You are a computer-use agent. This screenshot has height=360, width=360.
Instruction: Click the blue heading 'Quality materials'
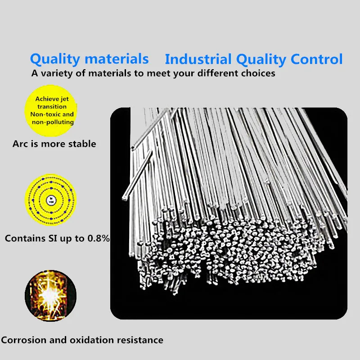(x=89, y=58)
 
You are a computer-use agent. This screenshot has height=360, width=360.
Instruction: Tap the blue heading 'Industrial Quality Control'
(x=253, y=59)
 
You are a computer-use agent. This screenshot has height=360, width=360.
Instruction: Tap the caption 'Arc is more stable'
(x=54, y=144)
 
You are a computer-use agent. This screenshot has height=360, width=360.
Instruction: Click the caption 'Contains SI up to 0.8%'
(x=57, y=238)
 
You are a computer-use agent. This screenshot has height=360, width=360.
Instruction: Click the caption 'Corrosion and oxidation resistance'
(x=81, y=340)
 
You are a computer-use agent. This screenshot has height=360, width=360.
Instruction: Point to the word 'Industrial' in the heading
(x=198, y=59)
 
